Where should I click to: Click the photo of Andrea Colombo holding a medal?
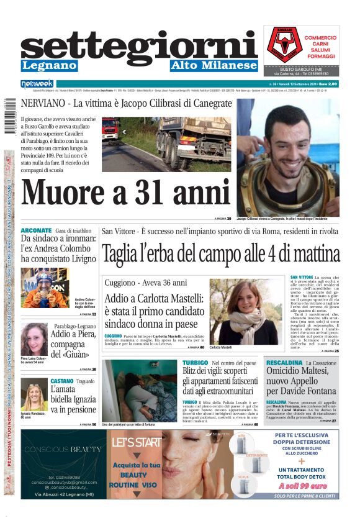pos(44,288)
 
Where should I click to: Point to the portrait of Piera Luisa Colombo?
pos(32,339)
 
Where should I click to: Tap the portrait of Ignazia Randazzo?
pos(32,394)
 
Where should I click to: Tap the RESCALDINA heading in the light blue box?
pos(284,363)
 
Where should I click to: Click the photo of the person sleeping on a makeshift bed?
pos(139,389)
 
